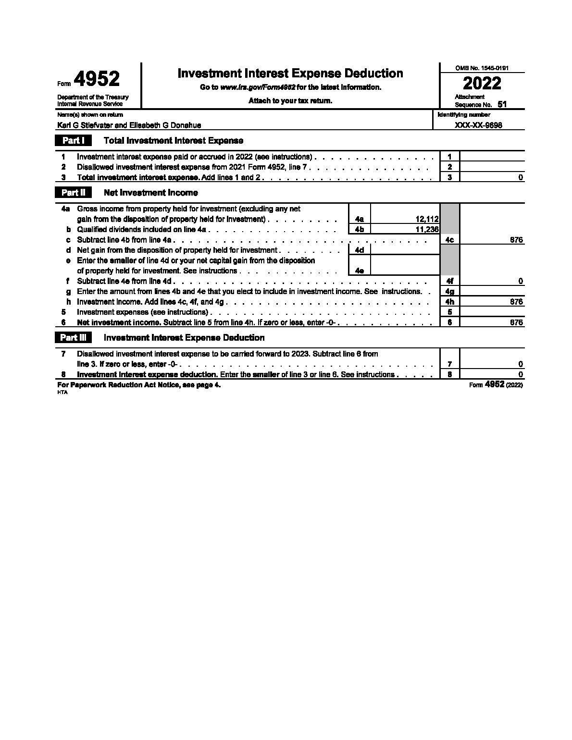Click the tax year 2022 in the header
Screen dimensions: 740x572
(x=482, y=84)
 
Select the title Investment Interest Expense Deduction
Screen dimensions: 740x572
(x=290, y=74)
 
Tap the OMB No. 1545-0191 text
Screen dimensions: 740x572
(x=482, y=68)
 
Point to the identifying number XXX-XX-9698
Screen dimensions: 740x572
(x=476, y=125)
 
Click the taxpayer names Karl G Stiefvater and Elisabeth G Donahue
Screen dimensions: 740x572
(x=129, y=125)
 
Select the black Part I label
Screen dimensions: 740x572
(x=74, y=141)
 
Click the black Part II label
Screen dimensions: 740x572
(x=74, y=193)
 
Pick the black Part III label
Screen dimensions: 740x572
(x=74, y=338)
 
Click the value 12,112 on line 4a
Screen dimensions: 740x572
(x=427, y=220)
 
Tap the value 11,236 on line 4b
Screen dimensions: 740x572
(x=427, y=230)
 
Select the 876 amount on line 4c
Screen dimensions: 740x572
(x=516, y=240)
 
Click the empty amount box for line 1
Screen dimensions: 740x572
(x=492, y=157)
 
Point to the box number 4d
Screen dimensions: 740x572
(x=359, y=250)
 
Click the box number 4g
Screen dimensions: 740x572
(x=450, y=292)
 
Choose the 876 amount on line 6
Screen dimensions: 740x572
(x=516, y=323)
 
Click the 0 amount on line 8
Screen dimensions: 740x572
(x=521, y=374)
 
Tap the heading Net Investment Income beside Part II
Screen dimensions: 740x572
(x=151, y=193)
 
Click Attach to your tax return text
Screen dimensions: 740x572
(x=290, y=101)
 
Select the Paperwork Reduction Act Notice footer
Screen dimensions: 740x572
(x=139, y=385)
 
